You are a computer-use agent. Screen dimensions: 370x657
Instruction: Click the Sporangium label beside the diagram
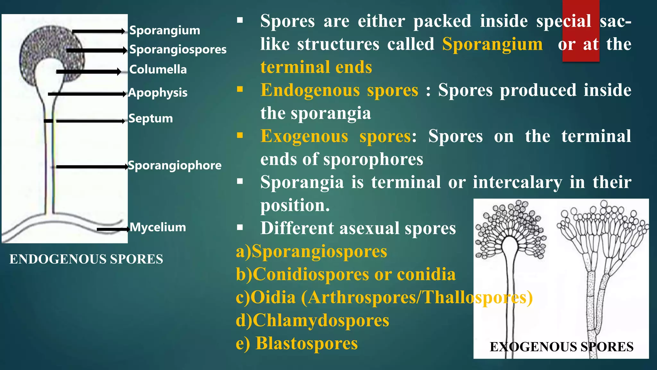click(x=165, y=31)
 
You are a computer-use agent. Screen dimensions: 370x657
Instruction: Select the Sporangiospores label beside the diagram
click(x=178, y=49)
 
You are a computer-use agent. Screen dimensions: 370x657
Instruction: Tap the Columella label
click(x=158, y=69)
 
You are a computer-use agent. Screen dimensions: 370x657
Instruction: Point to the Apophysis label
click(x=158, y=93)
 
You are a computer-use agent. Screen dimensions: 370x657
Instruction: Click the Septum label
click(x=150, y=119)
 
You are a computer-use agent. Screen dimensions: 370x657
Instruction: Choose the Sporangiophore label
click(x=175, y=165)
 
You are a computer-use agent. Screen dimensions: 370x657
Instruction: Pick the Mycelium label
click(x=158, y=227)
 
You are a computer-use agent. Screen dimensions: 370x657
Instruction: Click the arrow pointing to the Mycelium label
click(x=113, y=229)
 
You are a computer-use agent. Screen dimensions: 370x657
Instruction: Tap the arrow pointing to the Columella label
click(x=89, y=72)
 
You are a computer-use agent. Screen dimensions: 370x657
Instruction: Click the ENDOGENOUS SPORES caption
click(x=86, y=259)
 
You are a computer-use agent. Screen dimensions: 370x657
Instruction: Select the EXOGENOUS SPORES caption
click(x=561, y=347)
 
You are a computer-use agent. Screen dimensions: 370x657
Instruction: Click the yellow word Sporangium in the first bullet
click(x=492, y=44)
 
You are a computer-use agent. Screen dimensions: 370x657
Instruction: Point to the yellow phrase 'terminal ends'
click(x=316, y=67)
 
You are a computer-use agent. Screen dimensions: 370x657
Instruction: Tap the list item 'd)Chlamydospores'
click(x=312, y=320)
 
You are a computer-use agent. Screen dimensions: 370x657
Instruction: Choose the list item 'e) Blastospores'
click(x=297, y=343)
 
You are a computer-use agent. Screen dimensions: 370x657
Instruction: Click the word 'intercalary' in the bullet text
click(x=517, y=182)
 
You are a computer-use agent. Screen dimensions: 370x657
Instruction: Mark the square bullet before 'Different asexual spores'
click(x=240, y=228)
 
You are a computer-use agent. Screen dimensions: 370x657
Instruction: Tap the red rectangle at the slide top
click(x=581, y=31)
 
